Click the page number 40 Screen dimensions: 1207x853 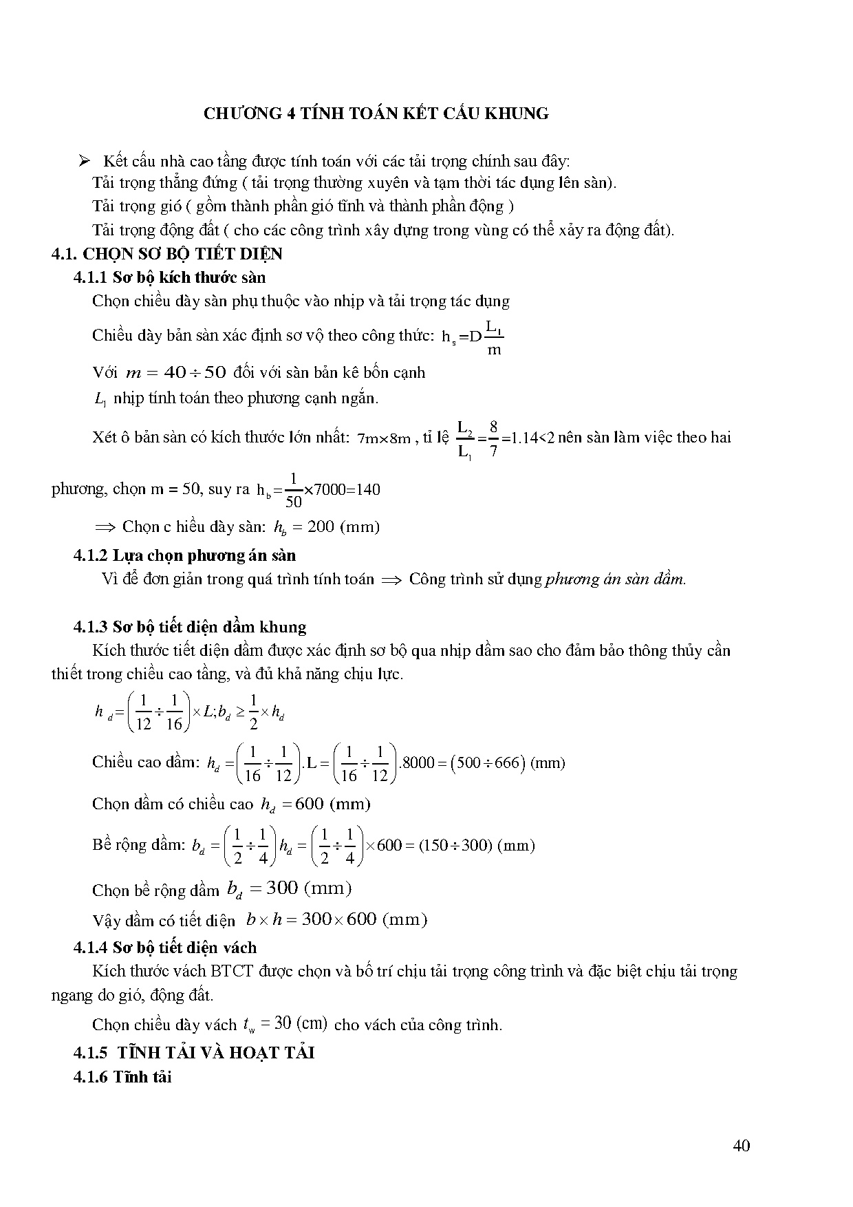742,1146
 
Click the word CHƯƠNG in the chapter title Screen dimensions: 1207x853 240,114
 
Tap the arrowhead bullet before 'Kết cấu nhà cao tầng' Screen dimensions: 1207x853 85,161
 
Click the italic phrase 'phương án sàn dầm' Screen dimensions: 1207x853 616,579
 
